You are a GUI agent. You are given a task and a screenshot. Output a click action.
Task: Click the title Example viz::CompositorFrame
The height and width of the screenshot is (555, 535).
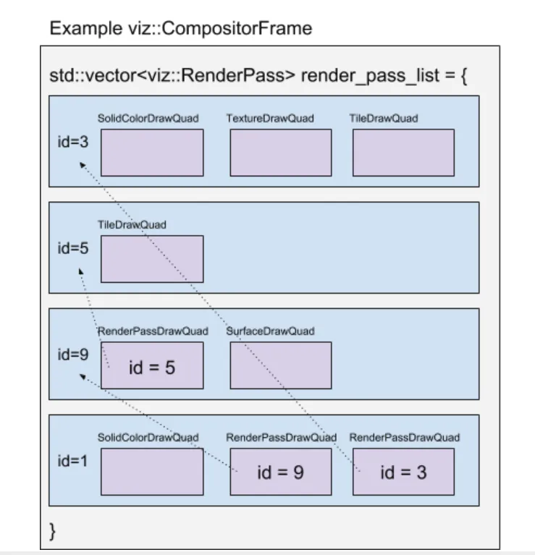180,28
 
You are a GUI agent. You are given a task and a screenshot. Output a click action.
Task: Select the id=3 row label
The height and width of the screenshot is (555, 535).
73,142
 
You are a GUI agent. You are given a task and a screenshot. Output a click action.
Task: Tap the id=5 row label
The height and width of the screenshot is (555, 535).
73,248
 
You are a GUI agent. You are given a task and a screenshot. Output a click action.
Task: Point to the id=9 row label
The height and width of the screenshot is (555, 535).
73,355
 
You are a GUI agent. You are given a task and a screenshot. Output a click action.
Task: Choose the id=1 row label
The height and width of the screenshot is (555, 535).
72,461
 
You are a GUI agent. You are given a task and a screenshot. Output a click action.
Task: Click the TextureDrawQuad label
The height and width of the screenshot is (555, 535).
270,118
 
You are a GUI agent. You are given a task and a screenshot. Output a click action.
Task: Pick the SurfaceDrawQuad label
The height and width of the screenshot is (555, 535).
270,331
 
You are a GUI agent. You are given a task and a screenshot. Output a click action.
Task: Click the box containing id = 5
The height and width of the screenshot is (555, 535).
152,365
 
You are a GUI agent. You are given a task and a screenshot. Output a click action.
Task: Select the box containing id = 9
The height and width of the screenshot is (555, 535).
281,472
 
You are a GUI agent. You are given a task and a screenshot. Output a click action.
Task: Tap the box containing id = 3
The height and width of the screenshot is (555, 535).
404,472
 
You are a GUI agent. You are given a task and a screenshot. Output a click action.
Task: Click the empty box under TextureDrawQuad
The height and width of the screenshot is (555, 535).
281,153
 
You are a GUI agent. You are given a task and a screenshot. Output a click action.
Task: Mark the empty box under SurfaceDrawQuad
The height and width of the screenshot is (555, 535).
281,365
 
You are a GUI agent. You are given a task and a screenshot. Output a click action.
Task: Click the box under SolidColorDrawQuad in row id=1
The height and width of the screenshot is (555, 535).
152,472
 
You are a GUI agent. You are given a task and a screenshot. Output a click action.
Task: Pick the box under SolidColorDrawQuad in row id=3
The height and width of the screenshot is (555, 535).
152,153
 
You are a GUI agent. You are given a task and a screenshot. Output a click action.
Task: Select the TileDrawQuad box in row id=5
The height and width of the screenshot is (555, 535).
152,259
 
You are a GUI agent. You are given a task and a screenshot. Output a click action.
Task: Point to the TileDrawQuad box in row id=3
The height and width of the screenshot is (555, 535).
404,153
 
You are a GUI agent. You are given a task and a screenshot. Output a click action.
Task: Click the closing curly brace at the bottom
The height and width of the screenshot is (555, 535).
52,531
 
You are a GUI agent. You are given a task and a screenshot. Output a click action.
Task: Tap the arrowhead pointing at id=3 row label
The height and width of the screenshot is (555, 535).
82,164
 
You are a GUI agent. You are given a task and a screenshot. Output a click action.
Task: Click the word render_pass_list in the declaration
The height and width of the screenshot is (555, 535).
370,76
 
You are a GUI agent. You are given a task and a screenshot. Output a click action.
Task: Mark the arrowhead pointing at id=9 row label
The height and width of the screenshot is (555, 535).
83,377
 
